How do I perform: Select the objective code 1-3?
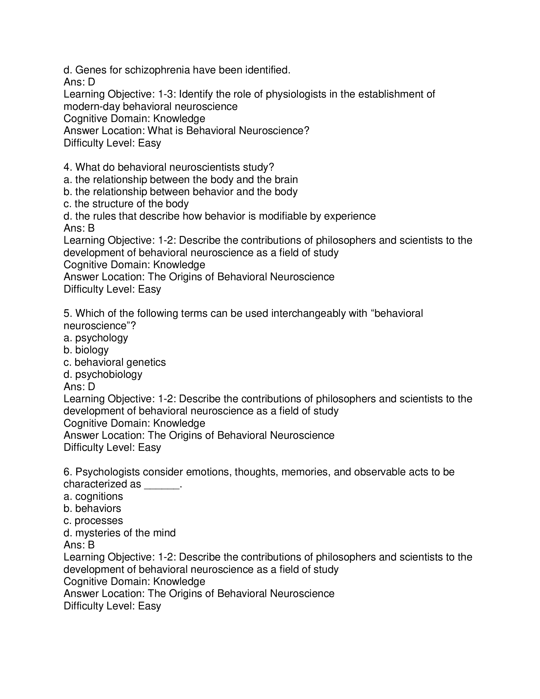[167, 94]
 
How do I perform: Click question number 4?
[68, 167]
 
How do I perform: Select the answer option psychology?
[101, 338]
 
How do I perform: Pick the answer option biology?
[92, 350]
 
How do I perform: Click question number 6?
[68, 472]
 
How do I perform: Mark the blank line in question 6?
[162, 484]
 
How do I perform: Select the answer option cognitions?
[99, 496]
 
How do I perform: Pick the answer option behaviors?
[98, 508]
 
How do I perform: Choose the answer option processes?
[98, 520]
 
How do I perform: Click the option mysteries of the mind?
[125, 533]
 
